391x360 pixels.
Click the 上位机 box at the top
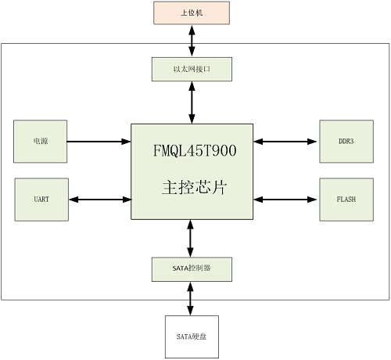point(192,13)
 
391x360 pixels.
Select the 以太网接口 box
point(192,70)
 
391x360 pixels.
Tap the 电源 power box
point(40,142)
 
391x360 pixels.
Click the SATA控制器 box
point(192,269)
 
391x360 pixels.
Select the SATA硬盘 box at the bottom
point(192,336)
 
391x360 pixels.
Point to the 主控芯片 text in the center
point(192,188)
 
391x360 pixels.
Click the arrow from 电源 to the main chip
point(99,142)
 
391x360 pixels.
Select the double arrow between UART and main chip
point(99,199)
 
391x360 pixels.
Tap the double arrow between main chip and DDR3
point(286,142)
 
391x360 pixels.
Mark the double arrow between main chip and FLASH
point(286,199)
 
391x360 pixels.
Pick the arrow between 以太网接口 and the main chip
point(192,102)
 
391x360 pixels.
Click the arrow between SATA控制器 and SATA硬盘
point(192,298)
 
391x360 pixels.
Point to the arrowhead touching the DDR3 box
point(315,142)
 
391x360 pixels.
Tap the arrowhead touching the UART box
point(72,199)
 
